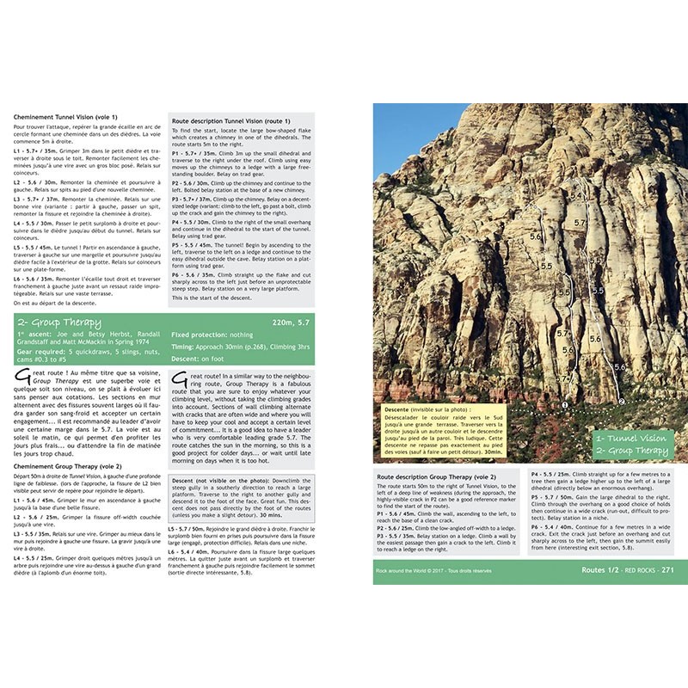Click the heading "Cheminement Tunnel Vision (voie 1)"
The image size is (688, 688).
pyautogui.click(x=65, y=117)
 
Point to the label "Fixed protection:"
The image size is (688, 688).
pyautogui.click(x=201, y=334)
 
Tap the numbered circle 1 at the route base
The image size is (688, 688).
pyautogui.click(x=565, y=404)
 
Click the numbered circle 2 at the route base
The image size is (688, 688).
pyautogui.click(x=621, y=401)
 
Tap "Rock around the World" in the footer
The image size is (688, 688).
pyautogui.click(x=406, y=570)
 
